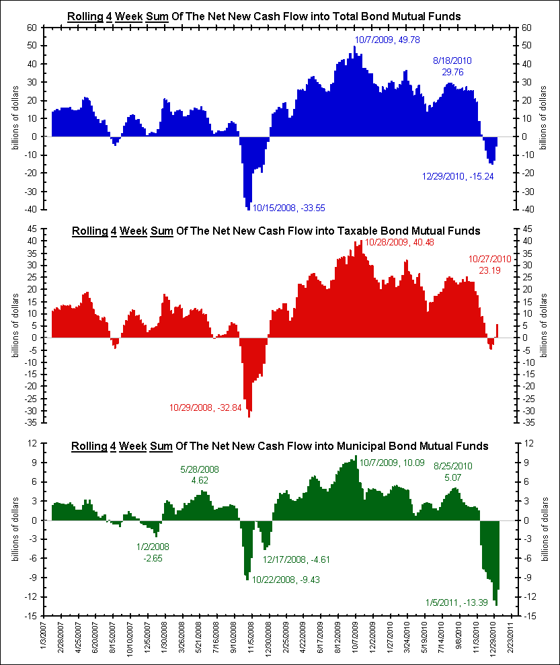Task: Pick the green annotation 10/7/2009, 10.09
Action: point(392,463)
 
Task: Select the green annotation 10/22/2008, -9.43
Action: point(286,580)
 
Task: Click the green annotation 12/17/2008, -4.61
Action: point(296,559)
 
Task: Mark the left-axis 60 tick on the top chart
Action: point(31,28)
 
